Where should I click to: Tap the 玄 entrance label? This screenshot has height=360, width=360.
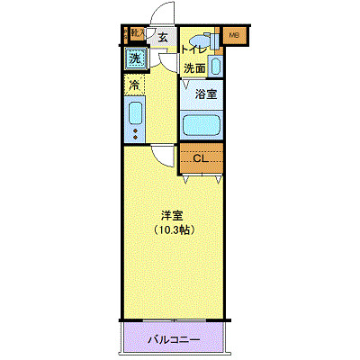point(163,37)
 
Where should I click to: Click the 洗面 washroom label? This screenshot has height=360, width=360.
point(194,67)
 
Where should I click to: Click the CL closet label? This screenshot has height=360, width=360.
point(201,158)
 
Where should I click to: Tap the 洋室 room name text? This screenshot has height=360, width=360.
point(173,215)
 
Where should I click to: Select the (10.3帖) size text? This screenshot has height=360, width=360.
point(173,229)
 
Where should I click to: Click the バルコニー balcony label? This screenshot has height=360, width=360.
point(175,341)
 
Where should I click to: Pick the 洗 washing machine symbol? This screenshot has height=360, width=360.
point(134,59)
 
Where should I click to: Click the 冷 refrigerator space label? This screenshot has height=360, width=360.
point(133,85)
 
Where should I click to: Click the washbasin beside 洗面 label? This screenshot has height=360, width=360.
point(217,67)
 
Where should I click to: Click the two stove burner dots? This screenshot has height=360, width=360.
point(134,135)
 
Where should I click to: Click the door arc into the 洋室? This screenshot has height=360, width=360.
point(163,153)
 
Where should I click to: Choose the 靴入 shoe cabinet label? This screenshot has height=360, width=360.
point(137,34)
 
